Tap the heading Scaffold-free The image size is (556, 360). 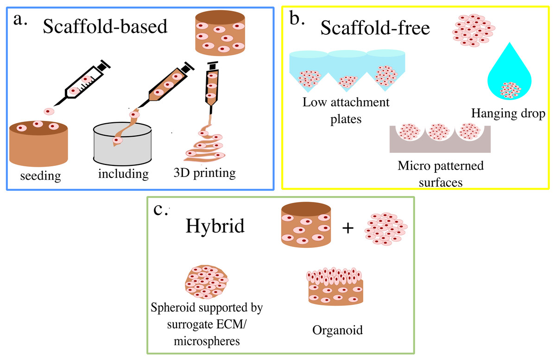click(x=375, y=29)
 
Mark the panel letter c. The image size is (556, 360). click(x=160, y=210)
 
